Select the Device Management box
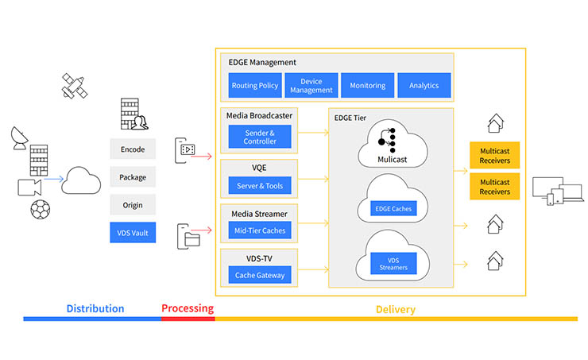pos(311,85)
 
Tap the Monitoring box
pos(368,85)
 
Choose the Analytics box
pos(424,85)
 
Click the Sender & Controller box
pos(259,137)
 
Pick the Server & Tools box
pos(259,185)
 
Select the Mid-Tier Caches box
pos(259,230)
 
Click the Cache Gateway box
pos(259,275)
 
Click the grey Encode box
pos(133,149)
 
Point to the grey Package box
pos(133,177)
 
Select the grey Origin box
pos(133,205)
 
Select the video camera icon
pos(29,187)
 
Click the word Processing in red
pos(188,308)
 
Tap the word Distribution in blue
pos(95,308)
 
